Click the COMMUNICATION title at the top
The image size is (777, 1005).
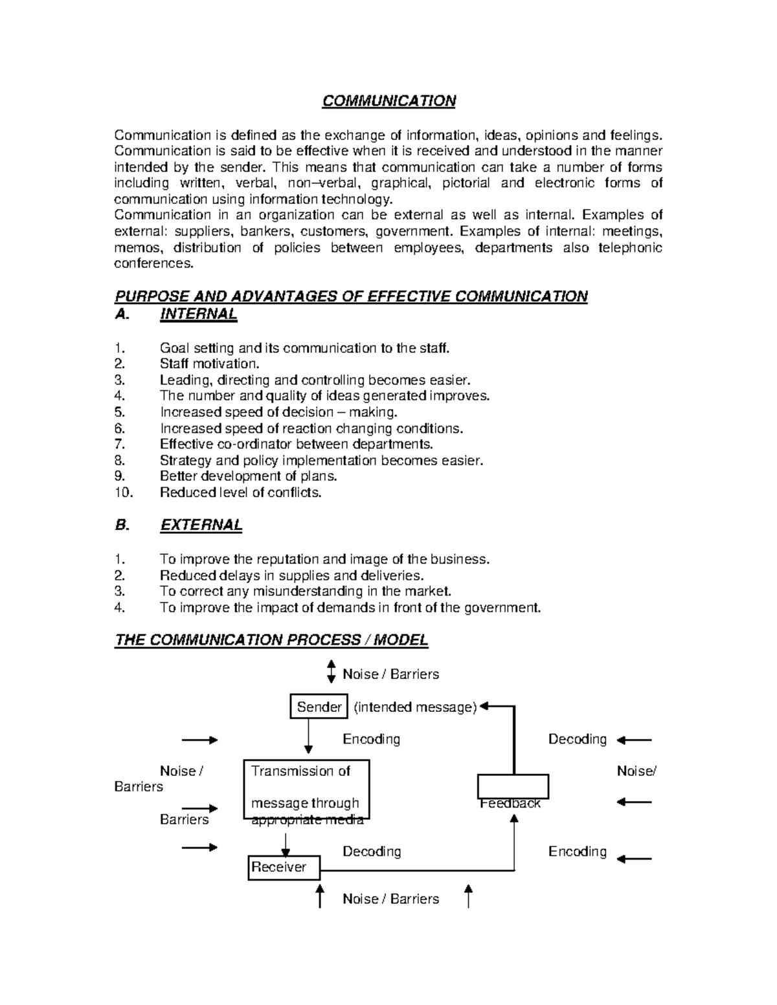[389, 101]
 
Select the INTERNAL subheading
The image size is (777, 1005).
[198, 315]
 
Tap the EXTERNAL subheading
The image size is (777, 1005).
[201, 525]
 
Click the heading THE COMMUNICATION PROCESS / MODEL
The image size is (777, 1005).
[271, 640]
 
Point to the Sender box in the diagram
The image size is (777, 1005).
[319, 707]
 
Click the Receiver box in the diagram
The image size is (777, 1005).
[284, 867]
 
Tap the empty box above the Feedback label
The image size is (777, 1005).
[513, 786]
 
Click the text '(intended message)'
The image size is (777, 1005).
[415, 707]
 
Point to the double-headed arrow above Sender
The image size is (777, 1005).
[331, 672]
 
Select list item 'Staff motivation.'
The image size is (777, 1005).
[209, 364]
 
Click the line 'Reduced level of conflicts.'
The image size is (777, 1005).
[240, 492]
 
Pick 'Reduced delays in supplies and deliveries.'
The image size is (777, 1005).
[291, 575]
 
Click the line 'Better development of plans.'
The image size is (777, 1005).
[248, 476]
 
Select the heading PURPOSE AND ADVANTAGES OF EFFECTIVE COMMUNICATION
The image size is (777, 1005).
[351, 296]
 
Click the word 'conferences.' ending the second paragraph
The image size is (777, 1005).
[153, 263]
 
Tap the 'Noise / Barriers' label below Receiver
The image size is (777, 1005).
[390, 899]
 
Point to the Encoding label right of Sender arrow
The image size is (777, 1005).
[371, 739]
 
